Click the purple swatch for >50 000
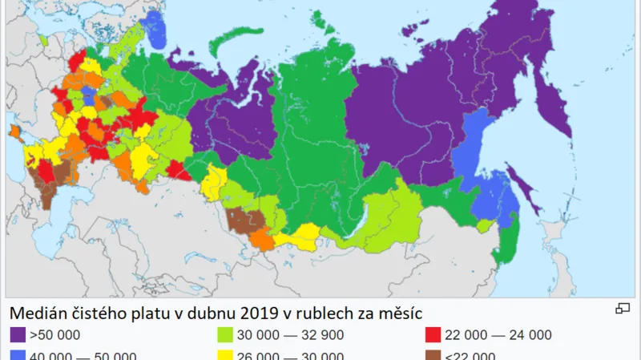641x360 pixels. pos(18,335)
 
